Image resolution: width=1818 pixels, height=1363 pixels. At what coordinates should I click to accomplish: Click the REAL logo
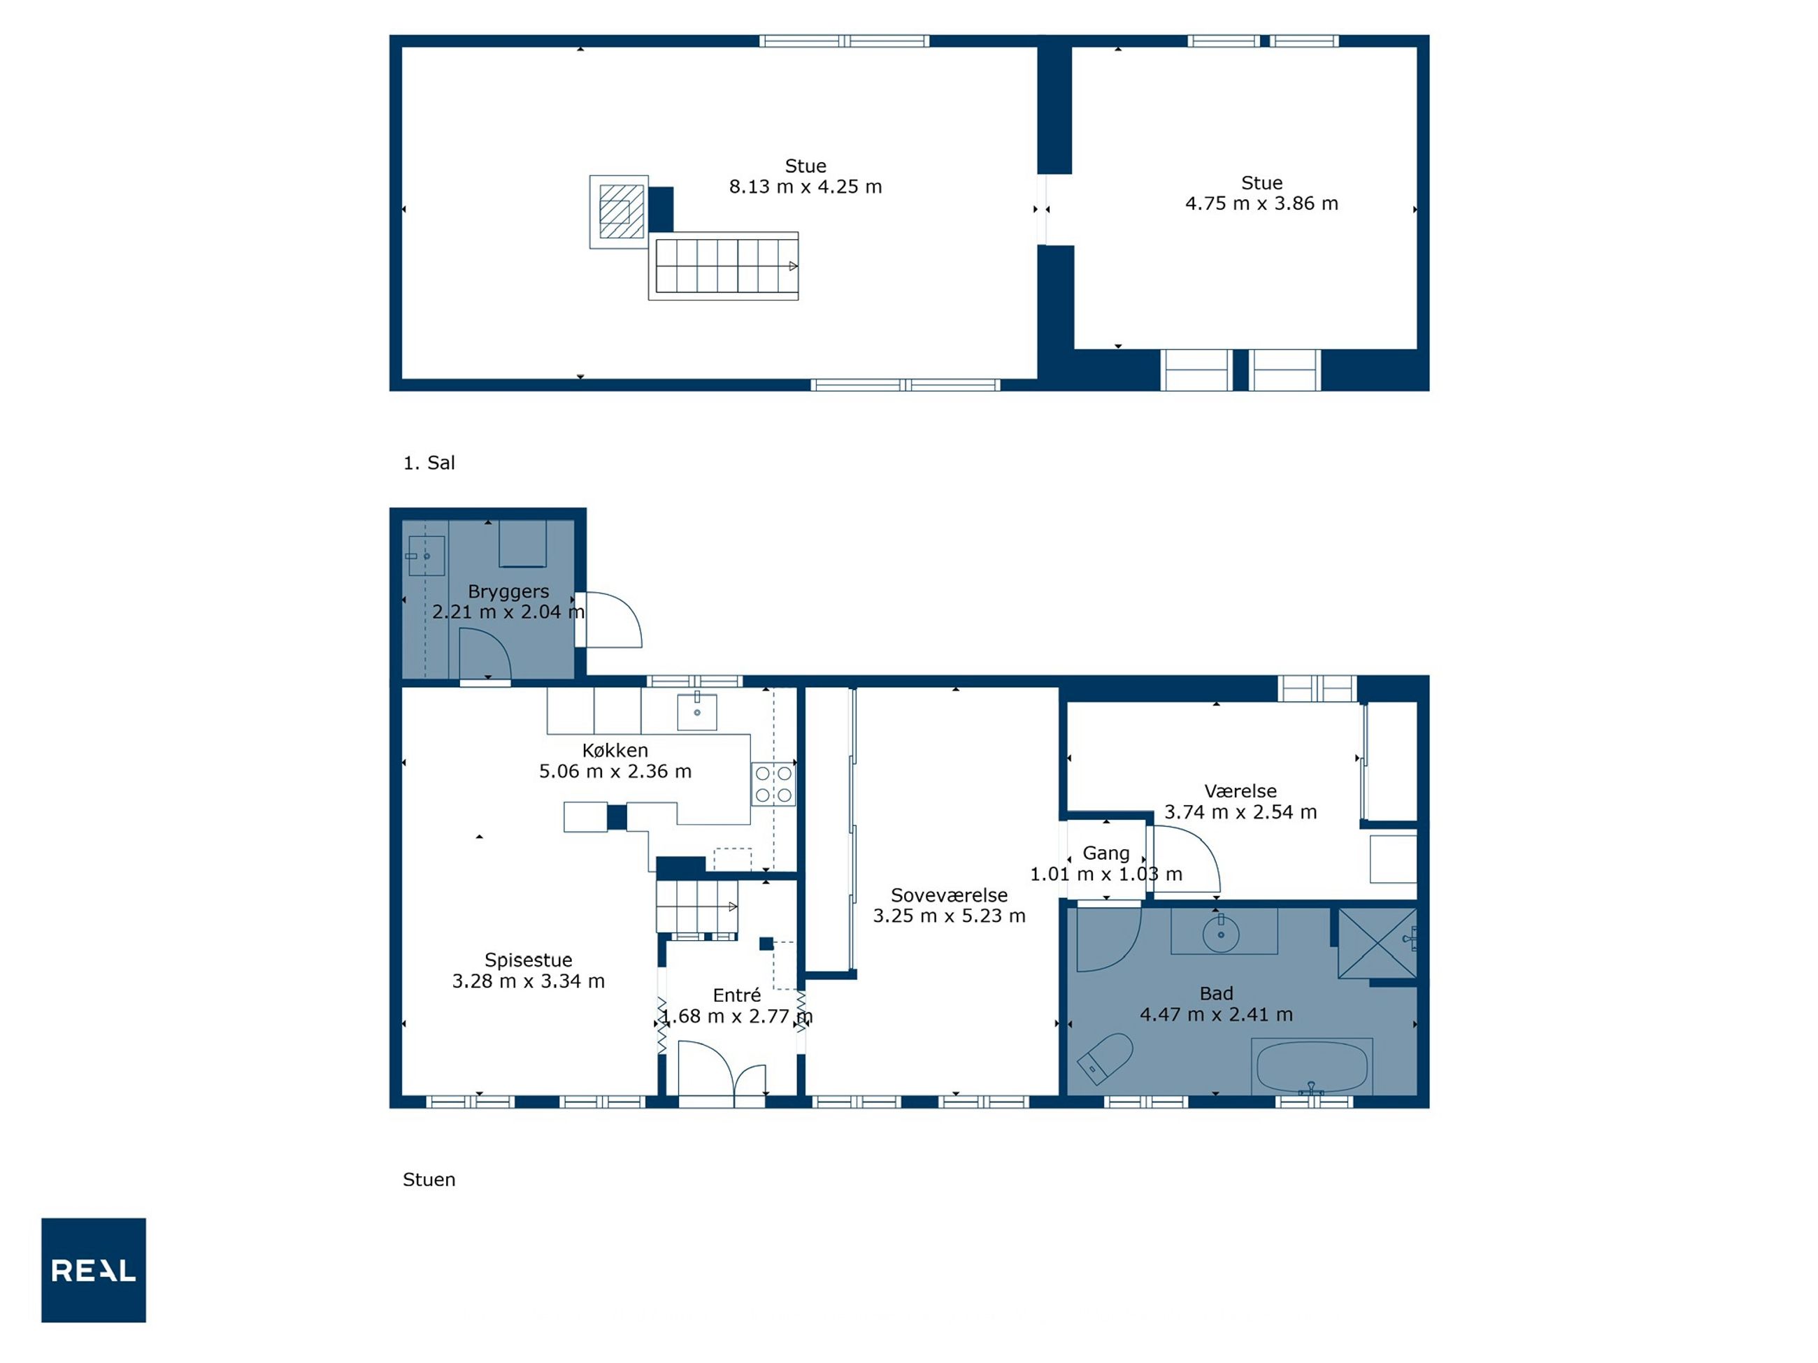click(x=94, y=1270)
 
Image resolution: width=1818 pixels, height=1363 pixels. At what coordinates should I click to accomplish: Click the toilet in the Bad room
click(x=1105, y=1058)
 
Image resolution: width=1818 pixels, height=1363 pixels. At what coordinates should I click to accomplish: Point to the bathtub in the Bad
click(x=1312, y=1067)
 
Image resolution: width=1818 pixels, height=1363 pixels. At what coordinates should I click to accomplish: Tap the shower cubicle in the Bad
click(x=1377, y=943)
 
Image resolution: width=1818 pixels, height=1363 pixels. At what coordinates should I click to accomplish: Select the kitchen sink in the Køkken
click(x=697, y=712)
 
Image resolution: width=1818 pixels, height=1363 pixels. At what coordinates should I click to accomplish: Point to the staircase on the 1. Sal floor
click(x=723, y=266)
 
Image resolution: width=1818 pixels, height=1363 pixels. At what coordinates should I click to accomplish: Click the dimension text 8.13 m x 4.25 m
click(x=806, y=187)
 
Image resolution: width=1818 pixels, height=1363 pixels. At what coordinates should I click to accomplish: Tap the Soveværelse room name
click(x=950, y=895)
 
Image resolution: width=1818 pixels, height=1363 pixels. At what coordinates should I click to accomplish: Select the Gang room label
click(x=1105, y=853)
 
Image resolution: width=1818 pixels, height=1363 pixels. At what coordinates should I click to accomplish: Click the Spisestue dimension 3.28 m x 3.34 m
click(x=529, y=981)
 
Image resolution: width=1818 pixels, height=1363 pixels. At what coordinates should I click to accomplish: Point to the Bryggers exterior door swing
click(x=613, y=619)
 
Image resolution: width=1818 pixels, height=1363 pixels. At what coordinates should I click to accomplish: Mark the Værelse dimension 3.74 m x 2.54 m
click(x=1240, y=812)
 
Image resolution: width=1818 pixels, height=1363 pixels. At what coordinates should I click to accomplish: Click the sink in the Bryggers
click(x=427, y=556)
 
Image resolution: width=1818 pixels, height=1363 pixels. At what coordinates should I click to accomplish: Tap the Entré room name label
click(x=736, y=996)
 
